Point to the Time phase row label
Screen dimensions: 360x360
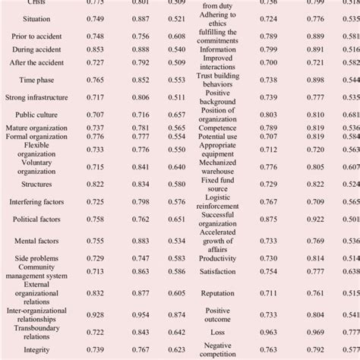click(36, 79)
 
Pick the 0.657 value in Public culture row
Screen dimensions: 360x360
click(176, 115)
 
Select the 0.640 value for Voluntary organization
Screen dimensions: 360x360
click(176, 166)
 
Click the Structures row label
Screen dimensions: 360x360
click(36, 184)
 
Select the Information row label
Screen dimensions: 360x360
click(217, 49)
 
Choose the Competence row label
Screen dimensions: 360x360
click(217, 128)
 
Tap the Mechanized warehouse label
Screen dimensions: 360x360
click(217, 166)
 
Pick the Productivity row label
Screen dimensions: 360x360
click(217, 258)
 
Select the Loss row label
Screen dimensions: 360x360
click(217, 332)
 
